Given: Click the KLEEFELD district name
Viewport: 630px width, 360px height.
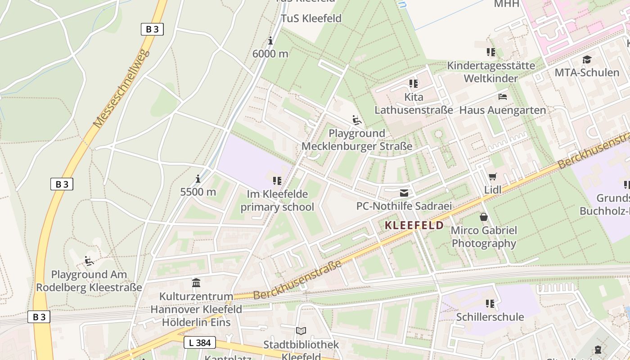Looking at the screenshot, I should tap(414, 225).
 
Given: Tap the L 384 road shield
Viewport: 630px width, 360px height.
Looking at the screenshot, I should tap(199, 342).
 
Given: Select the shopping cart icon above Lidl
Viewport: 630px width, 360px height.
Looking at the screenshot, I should tap(493, 177).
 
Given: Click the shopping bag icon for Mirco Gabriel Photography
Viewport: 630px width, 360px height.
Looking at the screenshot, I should tap(484, 217).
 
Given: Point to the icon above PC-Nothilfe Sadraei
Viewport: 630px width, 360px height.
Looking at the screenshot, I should tap(404, 193).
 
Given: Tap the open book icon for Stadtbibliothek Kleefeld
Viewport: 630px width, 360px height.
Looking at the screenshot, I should tap(301, 331).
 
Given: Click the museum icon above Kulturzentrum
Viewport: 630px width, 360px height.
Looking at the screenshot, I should tap(196, 283).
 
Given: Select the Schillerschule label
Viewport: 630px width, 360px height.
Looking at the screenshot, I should tap(490, 317).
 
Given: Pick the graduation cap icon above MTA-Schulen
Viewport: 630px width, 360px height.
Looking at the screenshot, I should tap(587, 59).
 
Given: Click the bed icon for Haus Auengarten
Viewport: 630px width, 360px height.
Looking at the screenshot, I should tap(503, 97).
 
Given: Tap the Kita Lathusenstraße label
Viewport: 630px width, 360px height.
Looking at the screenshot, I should tap(414, 103).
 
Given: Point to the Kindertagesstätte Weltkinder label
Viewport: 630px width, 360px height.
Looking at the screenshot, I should tap(491, 72).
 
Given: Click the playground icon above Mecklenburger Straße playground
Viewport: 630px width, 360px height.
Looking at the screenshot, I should tap(357, 120).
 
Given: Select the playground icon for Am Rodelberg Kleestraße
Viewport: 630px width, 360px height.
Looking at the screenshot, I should tap(89, 261).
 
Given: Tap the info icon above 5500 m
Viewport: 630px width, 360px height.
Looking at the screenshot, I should tap(198, 179).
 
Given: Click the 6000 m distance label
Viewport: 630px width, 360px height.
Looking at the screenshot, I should tap(270, 54).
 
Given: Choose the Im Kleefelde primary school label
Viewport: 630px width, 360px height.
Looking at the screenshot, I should tap(277, 201).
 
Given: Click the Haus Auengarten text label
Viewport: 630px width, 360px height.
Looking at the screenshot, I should tap(503, 110).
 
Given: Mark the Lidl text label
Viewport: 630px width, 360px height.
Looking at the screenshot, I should tap(493, 190).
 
